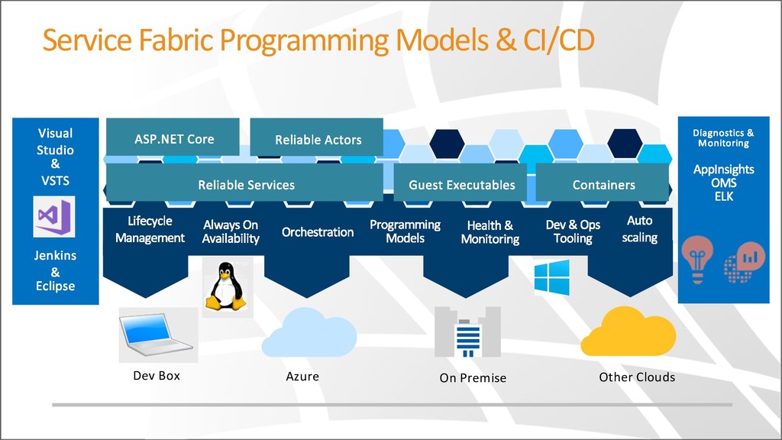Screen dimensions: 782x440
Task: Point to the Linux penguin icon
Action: click(x=226, y=287)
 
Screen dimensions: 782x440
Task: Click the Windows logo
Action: click(x=551, y=277)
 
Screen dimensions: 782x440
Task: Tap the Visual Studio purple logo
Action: click(x=54, y=216)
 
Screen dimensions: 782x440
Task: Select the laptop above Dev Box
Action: click(x=155, y=335)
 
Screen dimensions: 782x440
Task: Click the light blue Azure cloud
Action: click(x=309, y=333)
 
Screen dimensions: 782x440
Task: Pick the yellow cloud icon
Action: click(x=629, y=332)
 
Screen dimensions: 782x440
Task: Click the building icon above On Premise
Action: click(x=468, y=332)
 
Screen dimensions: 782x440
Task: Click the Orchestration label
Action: click(x=318, y=232)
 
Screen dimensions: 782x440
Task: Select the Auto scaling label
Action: click(x=639, y=229)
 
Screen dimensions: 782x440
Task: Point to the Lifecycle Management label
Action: click(x=150, y=229)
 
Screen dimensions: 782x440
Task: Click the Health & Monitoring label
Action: click(x=490, y=232)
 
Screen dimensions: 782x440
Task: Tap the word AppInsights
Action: click(x=724, y=170)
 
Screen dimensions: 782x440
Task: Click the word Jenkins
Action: click(x=55, y=255)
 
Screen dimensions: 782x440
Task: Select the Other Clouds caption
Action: click(x=637, y=377)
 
